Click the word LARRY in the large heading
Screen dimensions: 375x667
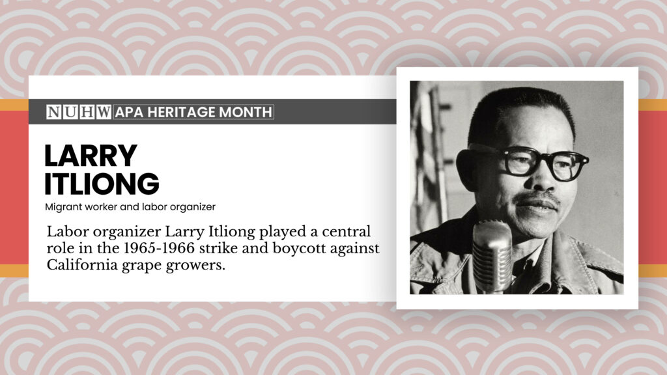point(91,156)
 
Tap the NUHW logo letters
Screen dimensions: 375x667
point(79,112)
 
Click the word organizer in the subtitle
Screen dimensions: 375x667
point(195,206)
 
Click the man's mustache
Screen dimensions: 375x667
point(535,197)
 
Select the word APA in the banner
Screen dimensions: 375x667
point(130,112)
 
